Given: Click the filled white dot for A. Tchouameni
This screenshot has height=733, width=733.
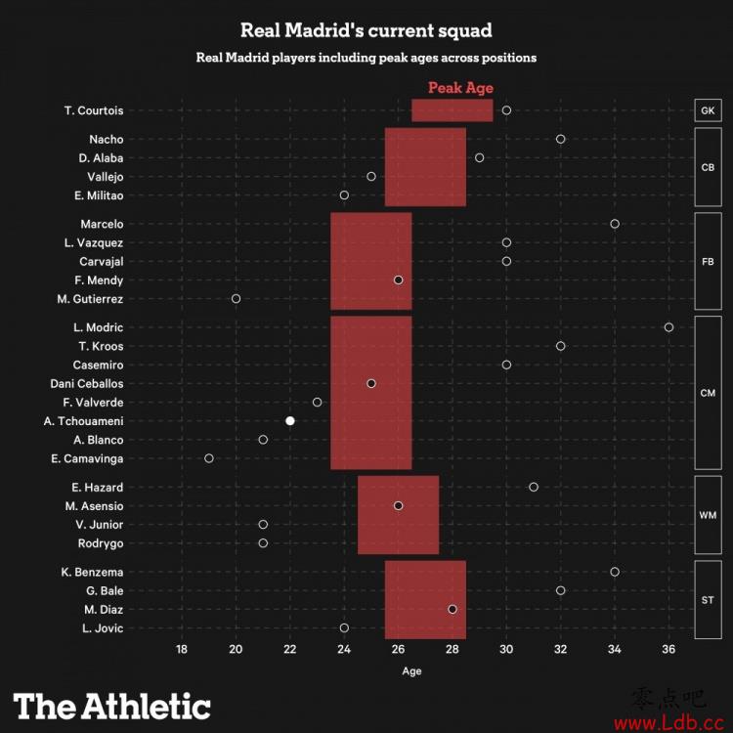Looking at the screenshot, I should [290, 420].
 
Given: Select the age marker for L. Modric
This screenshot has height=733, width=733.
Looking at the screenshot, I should [668, 327].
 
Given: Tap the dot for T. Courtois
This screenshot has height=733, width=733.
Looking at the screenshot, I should [506, 110].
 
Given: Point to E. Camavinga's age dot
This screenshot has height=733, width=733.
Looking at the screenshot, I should [209, 457].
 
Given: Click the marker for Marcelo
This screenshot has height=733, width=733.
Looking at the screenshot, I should [615, 224].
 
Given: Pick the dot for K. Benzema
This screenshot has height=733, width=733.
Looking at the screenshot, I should [615, 572].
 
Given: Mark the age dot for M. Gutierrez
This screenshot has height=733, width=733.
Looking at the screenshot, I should [236, 298].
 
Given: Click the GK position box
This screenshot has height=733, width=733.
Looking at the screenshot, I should [708, 110].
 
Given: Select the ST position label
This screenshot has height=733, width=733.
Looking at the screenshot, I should [708, 599].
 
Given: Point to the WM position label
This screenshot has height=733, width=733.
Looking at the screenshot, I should [708, 515].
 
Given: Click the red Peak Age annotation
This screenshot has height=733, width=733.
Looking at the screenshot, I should [460, 88].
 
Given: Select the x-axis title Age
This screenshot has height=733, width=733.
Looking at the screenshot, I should [411, 671].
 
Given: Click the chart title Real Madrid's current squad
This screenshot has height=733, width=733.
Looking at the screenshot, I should [366, 30].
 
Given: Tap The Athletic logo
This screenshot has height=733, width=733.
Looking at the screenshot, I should [111, 706].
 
